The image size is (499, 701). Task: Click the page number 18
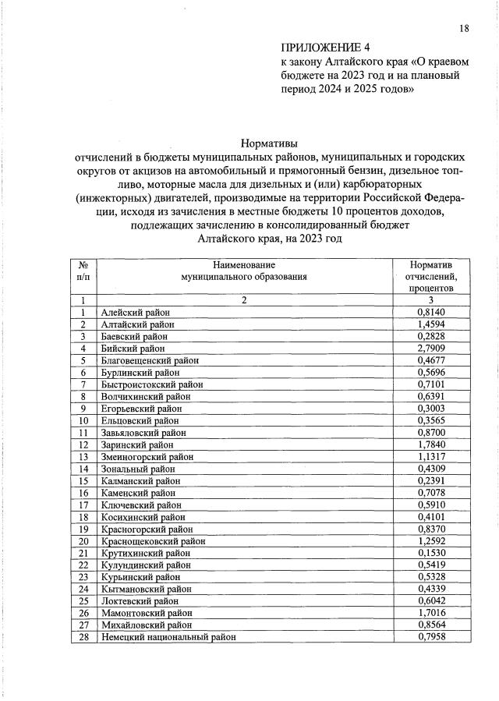[x=464, y=29]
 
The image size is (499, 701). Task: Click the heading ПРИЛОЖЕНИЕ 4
[x=321, y=47]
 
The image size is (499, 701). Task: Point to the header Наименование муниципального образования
[x=244, y=271]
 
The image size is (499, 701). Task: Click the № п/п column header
[x=82, y=271]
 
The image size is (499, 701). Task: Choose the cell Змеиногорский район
[x=147, y=457]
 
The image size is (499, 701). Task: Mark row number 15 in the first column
[x=82, y=481]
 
